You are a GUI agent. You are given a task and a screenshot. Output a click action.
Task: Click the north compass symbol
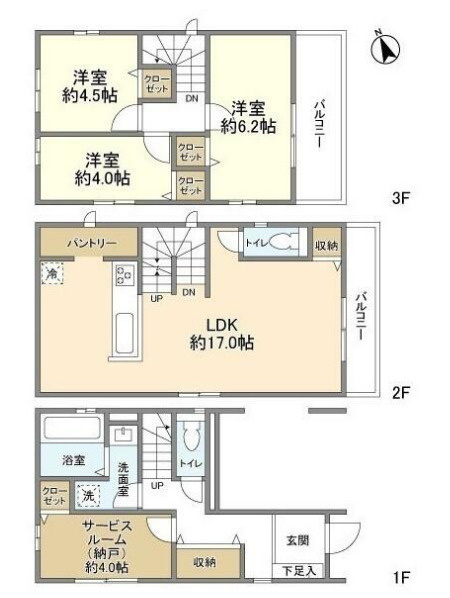pyautogui.click(x=387, y=46)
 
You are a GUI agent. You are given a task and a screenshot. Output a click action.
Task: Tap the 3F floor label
pyautogui.click(x=401, y=198)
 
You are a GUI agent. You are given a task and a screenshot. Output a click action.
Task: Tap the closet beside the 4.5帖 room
pyautogui.click(x=156, y=82)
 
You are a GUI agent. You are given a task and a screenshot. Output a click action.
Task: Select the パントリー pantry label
pyautogui.click(x=74, y=243)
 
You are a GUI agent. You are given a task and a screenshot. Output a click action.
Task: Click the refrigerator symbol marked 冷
pyautogui.click(x=50, y=271)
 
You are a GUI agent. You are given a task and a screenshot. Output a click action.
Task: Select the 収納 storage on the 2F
pyautogui.click(x=325, y=245)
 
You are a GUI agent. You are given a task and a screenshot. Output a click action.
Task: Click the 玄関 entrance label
pyautogui.click(x=298, y=540)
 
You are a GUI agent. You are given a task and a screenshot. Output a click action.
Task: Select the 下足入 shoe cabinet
pyautogui.click(x=299, y=571)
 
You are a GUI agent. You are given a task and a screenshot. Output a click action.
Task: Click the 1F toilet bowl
pyautogui.click(x=193, y=438)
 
